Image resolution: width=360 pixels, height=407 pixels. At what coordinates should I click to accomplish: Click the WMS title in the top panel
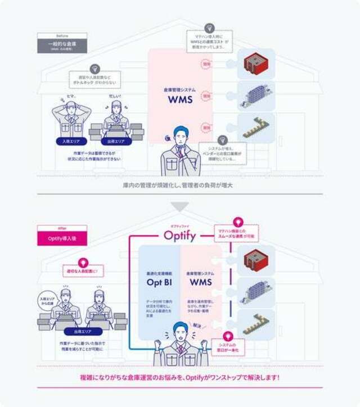click(180, 100)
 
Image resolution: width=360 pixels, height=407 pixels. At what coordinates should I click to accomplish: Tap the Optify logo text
click(180, 235)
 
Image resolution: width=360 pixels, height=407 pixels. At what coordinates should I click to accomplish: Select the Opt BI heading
click(158, 282)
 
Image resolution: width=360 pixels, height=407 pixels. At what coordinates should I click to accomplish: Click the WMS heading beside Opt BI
click(201, 282)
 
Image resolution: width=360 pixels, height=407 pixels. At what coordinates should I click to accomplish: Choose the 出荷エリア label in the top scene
click(116, 142)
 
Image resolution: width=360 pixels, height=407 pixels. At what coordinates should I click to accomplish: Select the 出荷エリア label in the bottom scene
click(82, 332)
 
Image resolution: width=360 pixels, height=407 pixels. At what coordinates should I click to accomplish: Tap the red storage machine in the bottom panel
click(251, 259)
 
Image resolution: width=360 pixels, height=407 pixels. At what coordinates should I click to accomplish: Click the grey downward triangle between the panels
click(180, 207)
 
